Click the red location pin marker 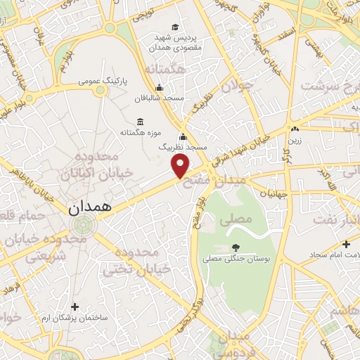click(181, 167)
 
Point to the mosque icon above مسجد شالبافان click(159, 88)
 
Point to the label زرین click(293, 140)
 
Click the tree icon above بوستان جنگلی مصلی click(235, 247)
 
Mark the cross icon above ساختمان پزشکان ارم click(75, 306)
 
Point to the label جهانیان click(272, 192)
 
